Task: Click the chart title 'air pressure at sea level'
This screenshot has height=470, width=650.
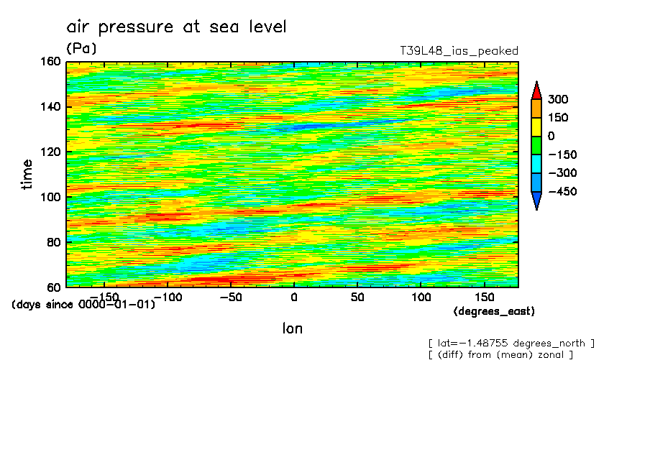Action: pos(176,27)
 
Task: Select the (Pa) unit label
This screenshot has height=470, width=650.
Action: pos(81,48)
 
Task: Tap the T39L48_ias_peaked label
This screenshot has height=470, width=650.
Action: pos(459,51)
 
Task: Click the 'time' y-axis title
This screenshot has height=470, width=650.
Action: pos(27,174)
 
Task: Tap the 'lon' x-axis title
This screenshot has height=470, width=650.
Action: pos(293,328)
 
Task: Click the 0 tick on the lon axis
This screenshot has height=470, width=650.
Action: pos(293,297)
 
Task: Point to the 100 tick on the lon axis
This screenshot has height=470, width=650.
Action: pos(421,297)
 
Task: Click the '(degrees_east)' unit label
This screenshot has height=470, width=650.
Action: pos(494,311)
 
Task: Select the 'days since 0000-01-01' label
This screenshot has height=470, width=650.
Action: pos(83,305)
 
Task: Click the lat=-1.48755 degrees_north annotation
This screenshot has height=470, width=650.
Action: pos(511,343)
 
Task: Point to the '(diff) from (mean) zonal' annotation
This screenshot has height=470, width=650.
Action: pos(500,354)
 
